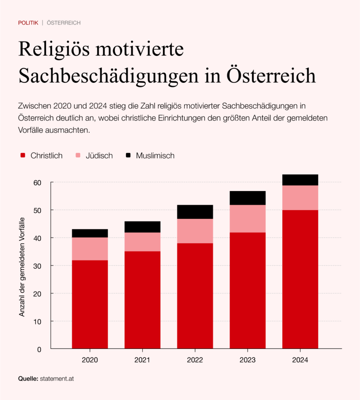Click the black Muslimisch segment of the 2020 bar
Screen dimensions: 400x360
pos(90,233)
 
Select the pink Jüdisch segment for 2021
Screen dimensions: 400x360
pos(142,242)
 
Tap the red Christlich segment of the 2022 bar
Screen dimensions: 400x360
pos(195,296)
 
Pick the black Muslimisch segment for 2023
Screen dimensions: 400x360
pos(247,198)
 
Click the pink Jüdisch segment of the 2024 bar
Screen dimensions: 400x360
pos(300,198)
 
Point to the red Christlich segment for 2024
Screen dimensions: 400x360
pos(300,279)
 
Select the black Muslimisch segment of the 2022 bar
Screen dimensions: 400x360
pos(195,212)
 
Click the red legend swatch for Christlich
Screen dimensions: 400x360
pos(23,155)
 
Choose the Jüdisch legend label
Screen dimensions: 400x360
pos(99,155)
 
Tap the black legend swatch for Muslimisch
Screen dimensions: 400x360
pos(128,155)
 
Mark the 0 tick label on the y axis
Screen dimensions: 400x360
pos(39,349)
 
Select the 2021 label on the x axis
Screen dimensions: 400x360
pos(142,360)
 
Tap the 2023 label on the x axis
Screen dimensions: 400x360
pos(247,360)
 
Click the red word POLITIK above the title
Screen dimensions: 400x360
pos(28,23)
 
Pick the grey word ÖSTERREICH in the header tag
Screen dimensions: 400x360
pos(64,23)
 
